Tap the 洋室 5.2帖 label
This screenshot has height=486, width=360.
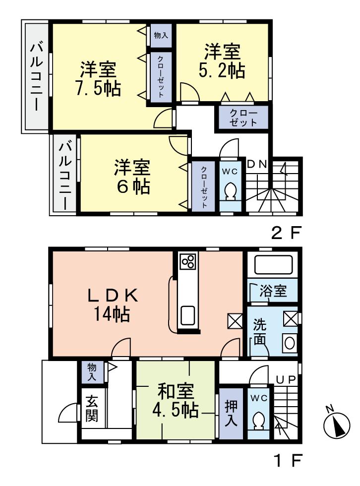pyautogui.click(x=222, y=61)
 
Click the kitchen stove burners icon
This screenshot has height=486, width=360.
pyautogui.click(x=188, y=262)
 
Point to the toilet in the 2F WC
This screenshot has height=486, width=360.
pyautogui.click(x=230, y=191)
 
